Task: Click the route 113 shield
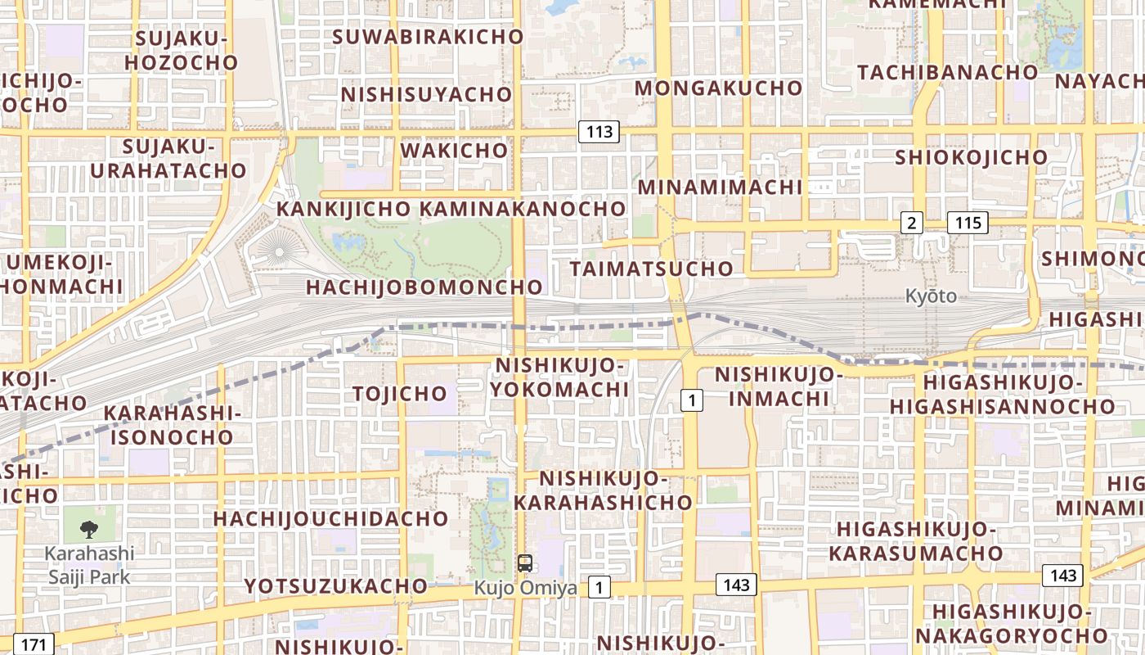pyautogui.click(x=599, y=132)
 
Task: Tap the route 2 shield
pyautogui.click(x=911, y=222)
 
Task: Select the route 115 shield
pyautogui.click(x=968, y=222)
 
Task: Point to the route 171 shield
pyautogui.click(x=34, y=644)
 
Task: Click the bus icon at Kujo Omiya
pyautogui.click(x=525, y=563)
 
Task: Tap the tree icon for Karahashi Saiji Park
pyautogui.click(x=89, y=530)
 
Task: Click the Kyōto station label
pyautogui.click(x=931, y=296)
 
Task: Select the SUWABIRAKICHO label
pyautogui.click(x=428, y=37)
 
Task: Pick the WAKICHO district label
pyautogui.click(x=454, y=151)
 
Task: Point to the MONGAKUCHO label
pyautogui.click(x=719, y=88)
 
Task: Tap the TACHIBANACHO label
pyautogui.click(x=948, y=72)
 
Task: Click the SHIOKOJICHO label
pyautogui.click(x=971, y=157)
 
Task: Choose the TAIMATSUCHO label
pyautogui.click(x=652, y=269)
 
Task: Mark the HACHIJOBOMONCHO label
pyautogui.click(x=424, y=287)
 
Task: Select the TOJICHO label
pyautogui.click(x=400, y=394)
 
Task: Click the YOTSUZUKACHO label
pyautogui.click(x=335, y=586)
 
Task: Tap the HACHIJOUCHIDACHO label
pyautogui.click(x=331, y=518)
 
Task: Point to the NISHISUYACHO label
pyautogui.click(x=426, y=95)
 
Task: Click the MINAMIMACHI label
pyautogui.click(x=720, y=187)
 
